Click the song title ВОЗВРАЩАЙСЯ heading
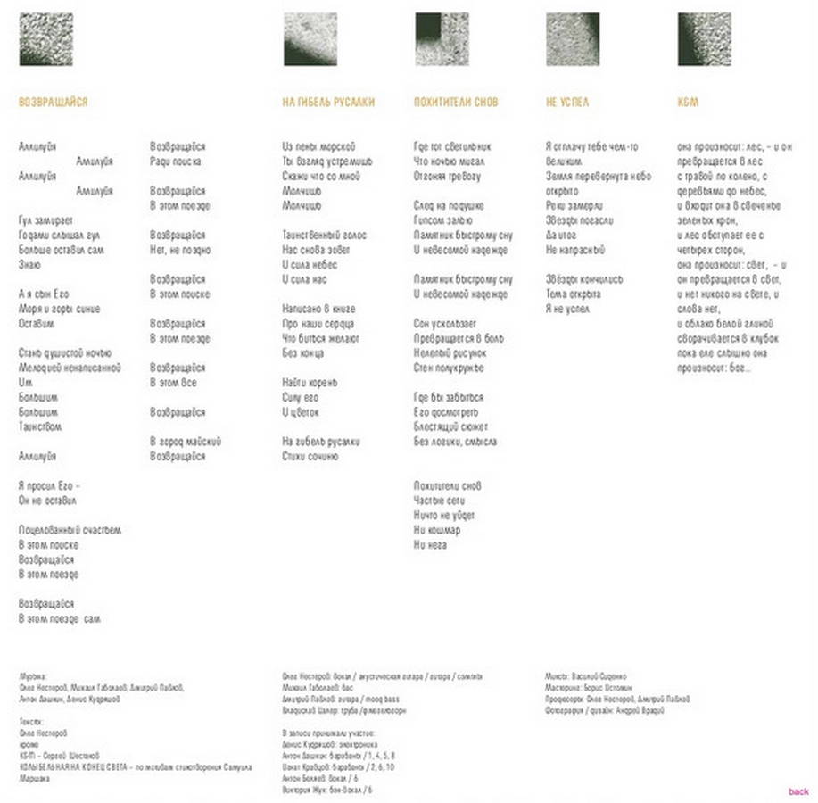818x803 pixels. pos(53,103)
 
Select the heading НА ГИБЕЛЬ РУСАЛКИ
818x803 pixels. pos(328,103)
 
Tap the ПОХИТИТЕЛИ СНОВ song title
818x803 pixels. pos(456,103)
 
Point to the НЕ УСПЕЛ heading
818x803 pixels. pos(566,103)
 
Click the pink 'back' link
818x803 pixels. pos(798,791)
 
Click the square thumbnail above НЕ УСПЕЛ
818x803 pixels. pos(572,38)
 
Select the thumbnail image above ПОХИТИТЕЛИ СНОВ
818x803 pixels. pos(442,38)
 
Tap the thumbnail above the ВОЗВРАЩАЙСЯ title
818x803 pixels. pos(45,38)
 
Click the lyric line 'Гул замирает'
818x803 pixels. pos(45,220)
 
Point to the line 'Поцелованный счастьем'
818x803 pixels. pos(69,530)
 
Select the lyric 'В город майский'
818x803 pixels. pos(186,442)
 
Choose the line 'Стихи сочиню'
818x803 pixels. pos(310,456)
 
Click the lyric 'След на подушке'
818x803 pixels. pos(449,206)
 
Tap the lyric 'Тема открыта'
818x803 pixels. pos(573,294)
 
